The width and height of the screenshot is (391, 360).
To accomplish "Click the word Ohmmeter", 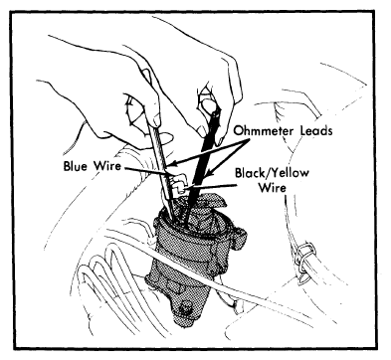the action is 265,130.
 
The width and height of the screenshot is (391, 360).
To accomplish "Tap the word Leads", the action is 316,130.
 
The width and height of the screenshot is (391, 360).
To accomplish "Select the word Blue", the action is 77,165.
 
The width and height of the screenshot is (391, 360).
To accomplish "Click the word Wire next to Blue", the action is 107,165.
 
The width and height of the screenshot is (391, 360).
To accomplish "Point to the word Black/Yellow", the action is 272,173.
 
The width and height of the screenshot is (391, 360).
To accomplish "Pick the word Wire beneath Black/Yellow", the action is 272,188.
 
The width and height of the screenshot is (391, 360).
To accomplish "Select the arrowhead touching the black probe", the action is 208,172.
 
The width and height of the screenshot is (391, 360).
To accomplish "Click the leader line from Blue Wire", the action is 147,170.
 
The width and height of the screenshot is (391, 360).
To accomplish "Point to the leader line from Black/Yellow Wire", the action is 211,187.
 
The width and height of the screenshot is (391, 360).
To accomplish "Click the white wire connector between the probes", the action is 179,183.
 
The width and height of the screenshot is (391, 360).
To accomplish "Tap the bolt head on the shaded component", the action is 183,307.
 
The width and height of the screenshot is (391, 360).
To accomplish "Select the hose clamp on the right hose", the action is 303,261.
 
